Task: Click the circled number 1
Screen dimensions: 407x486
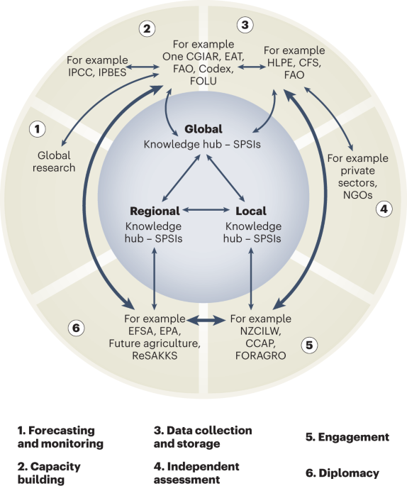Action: [38, 129]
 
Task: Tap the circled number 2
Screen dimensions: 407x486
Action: [147, 29]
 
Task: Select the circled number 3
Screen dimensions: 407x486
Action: [245, 25]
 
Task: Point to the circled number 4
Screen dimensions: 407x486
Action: [384, 209]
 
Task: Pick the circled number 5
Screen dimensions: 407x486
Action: [309, 345]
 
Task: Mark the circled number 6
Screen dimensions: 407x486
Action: [76, 328]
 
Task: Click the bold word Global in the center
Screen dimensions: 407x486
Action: [203, 129]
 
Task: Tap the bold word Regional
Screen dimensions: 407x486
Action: [155, 211]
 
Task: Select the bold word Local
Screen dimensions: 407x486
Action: [251, 211]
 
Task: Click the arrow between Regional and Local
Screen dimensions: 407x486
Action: [206, 210]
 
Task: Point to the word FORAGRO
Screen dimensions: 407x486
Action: [261, 355]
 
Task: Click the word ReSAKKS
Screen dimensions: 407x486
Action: [155, 355]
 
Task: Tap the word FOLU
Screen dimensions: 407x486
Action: [203, 81]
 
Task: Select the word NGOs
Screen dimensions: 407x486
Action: [358, 195]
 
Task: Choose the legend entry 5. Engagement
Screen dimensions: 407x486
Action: [347, 437]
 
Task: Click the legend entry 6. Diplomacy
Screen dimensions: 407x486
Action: [342, 473]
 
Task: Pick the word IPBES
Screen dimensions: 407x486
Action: [112, 72]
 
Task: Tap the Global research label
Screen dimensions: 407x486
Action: [54, 162]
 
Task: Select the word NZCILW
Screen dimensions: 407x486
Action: [261, 331]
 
